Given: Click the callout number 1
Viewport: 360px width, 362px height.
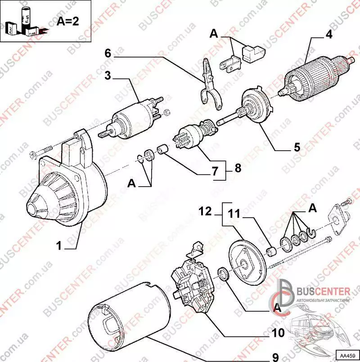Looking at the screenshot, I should [58, 245].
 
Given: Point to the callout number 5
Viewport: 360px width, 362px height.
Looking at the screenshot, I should [297, 147].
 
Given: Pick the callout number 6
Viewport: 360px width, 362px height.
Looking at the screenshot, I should [108, 53].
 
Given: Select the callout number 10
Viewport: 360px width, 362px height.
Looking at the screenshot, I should [278, 333].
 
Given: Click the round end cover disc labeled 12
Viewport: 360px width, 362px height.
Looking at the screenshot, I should [245, 263].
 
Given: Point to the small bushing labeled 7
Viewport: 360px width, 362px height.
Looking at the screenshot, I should [163, 148].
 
